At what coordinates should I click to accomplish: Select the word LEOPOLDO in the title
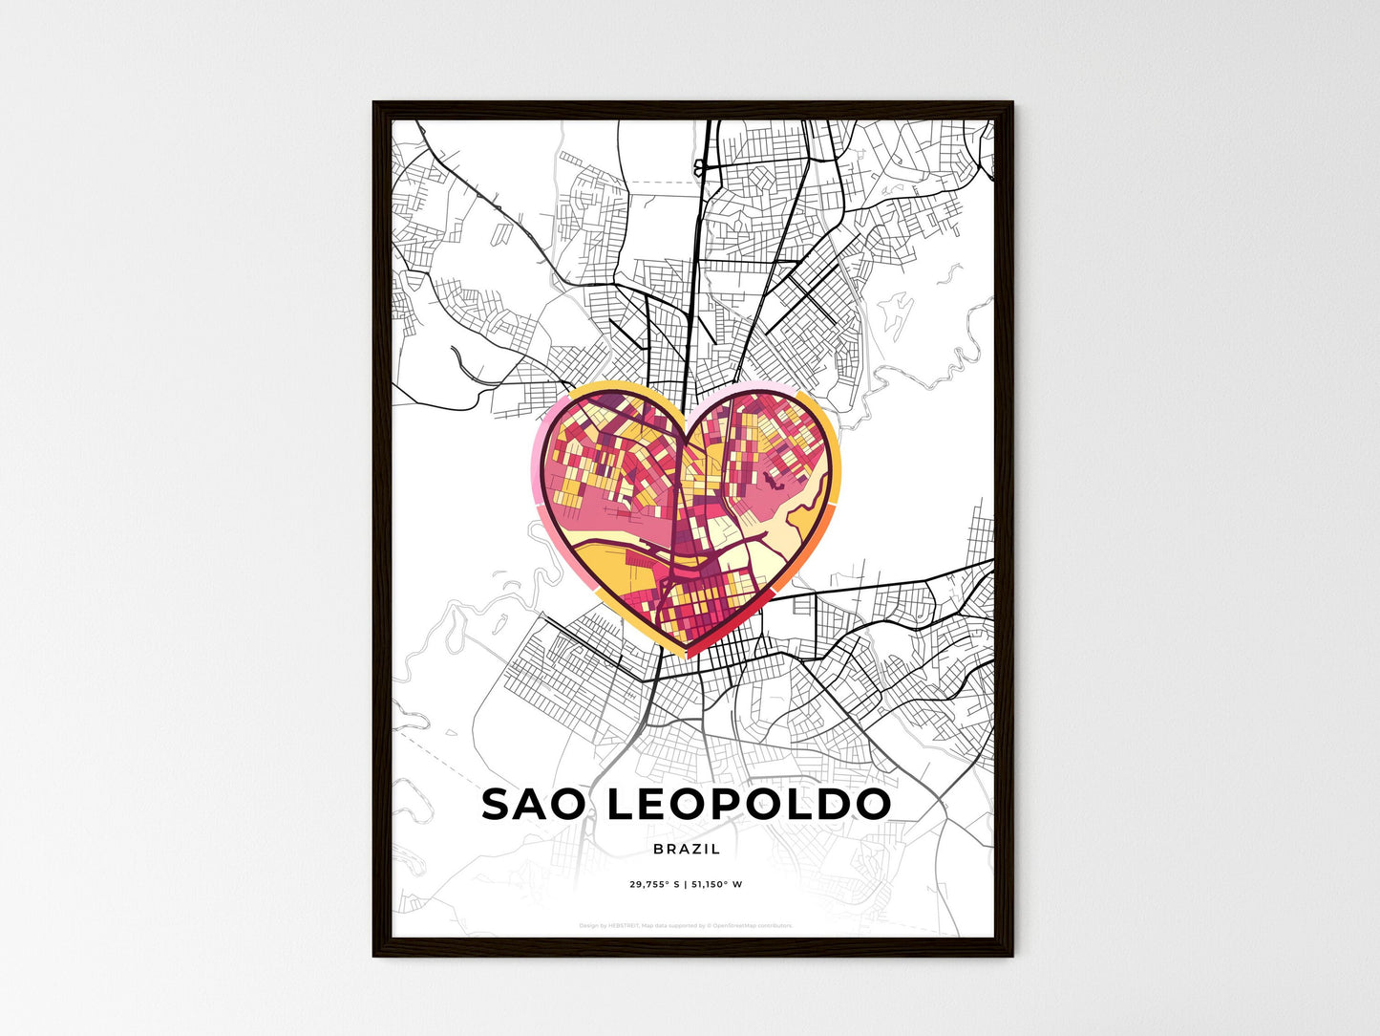point(749,805)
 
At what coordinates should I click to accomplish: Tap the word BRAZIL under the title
point(688,849)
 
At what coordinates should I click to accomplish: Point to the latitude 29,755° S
point(654,884)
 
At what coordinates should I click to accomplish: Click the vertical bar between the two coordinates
point(685,884)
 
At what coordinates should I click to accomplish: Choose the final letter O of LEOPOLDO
point(871,805)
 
